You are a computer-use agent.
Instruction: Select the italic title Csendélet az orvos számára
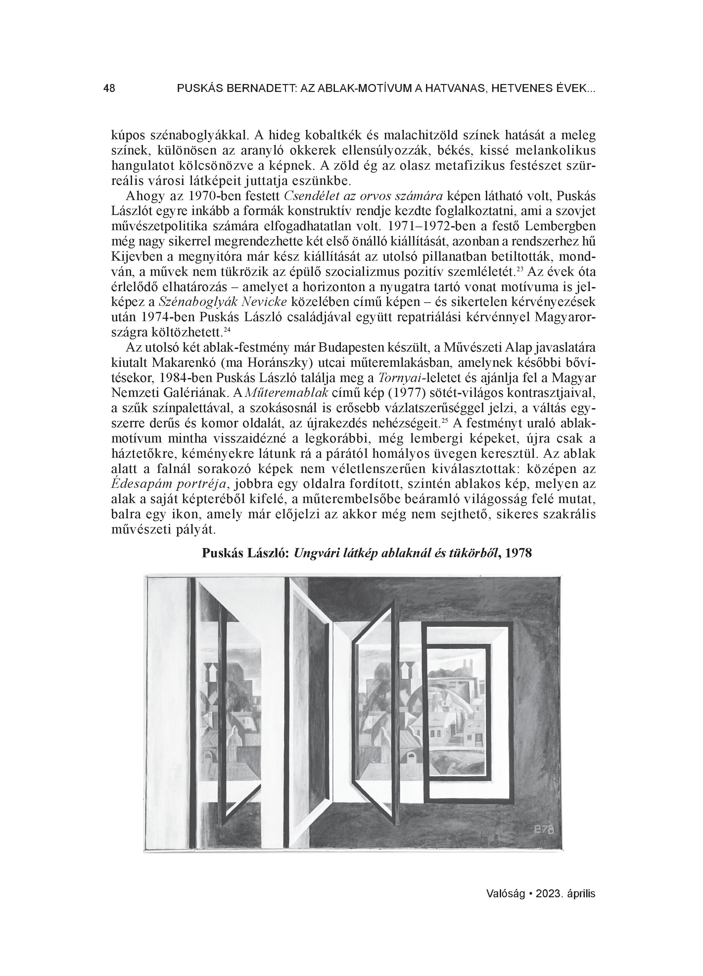click(364, 196)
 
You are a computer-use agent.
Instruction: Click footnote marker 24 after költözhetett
click(228, 330)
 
